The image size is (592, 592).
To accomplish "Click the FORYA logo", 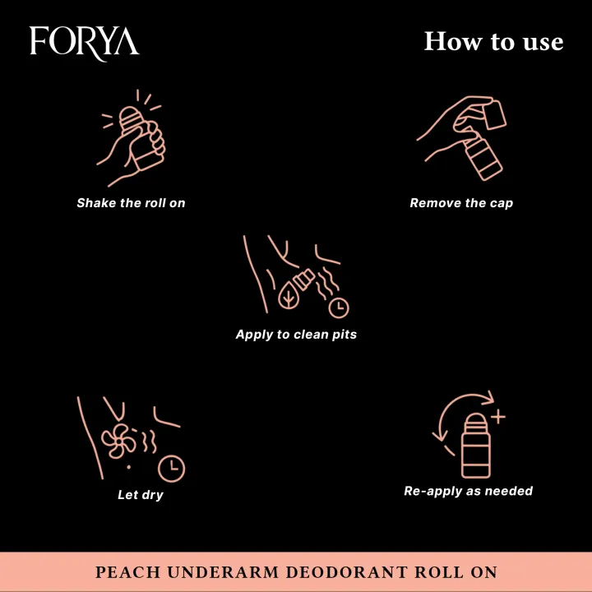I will pos(84,41).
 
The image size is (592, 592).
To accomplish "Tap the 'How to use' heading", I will pos(493,41).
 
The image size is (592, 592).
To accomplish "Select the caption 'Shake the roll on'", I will pos(131,203).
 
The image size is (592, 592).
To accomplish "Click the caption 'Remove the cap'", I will pos(461,203).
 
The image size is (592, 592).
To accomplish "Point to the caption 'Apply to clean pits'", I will pos(296,335).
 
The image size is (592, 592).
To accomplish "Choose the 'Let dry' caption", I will pos(141,495).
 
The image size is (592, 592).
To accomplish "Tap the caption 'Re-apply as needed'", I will pos(468,491).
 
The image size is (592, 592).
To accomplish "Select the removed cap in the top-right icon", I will pos(493,114).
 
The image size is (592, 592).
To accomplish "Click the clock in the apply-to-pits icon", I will pos(338,308).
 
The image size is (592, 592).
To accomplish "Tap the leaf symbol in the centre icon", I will pos(289,296).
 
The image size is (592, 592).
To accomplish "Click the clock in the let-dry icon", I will pos(172,468).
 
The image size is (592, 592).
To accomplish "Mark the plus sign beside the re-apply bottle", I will pos(497,417).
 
